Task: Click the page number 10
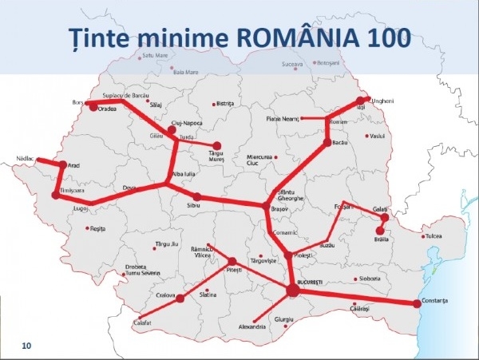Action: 26,346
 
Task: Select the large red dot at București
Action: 292,291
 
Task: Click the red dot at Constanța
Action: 416,303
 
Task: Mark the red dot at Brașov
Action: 267,208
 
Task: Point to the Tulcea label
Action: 433,237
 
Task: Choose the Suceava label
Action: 294,62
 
